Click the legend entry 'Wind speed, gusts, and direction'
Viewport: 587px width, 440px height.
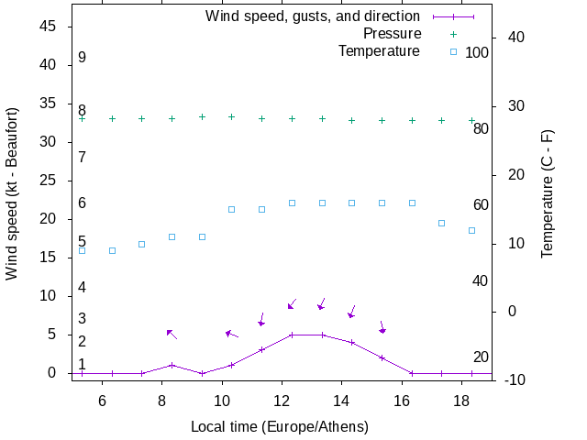pos(313,16)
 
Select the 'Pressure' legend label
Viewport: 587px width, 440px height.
pos(391,34)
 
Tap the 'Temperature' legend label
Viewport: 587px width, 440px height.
pos(379,51)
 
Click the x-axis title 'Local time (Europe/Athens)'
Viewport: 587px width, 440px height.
pos(279,427)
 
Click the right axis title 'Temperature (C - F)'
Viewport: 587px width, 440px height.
pos(548,193)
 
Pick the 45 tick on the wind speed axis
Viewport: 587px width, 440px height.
pos(50,27)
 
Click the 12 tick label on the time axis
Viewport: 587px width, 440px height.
pos(282,400)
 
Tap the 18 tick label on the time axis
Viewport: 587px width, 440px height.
pos(462,400)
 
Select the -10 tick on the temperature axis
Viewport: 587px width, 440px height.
pos(515,379)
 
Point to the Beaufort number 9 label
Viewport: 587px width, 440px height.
pos(82,58)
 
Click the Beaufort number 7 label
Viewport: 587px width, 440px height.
pos(82,158)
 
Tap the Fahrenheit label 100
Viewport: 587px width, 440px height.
pos(477,53)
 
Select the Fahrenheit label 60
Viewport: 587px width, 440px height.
pos(481,204)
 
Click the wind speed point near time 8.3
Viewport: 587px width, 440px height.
pos(172,365)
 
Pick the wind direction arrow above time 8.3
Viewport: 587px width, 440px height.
pos(172,335)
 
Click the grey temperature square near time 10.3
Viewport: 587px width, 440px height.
pos(231,209)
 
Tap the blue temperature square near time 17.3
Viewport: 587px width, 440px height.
pos(441,223)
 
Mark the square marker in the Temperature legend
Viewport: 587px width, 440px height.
pos(452,51)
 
